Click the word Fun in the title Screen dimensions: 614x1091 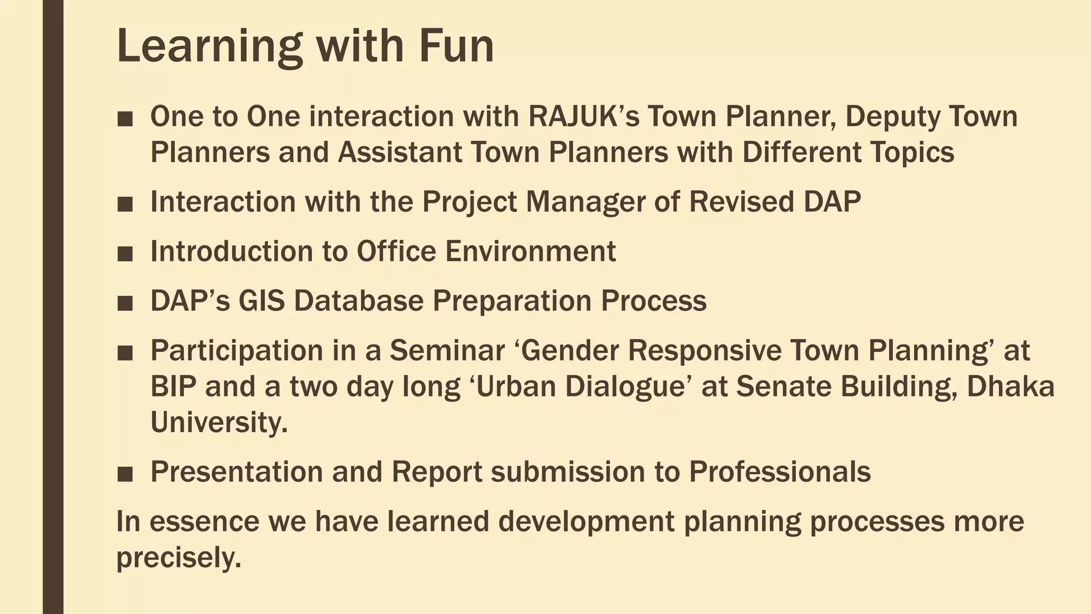pyautogui.click(x=457, y=46)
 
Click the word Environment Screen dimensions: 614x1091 pyautogui.click(x=531, y=251)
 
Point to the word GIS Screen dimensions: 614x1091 pyautogui.click(x=261, y=301)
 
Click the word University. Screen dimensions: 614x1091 pyautogui.click(x=219, y=423)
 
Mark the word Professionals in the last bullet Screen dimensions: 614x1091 pyautogui.click(x=780, y=472)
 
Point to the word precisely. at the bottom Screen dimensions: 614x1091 pyautogui.click(x=179, y=558)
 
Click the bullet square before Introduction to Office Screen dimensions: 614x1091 pyautogui.click(x=125, y=253)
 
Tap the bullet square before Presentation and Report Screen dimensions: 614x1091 pyautogui.click(x=125, y=474)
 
